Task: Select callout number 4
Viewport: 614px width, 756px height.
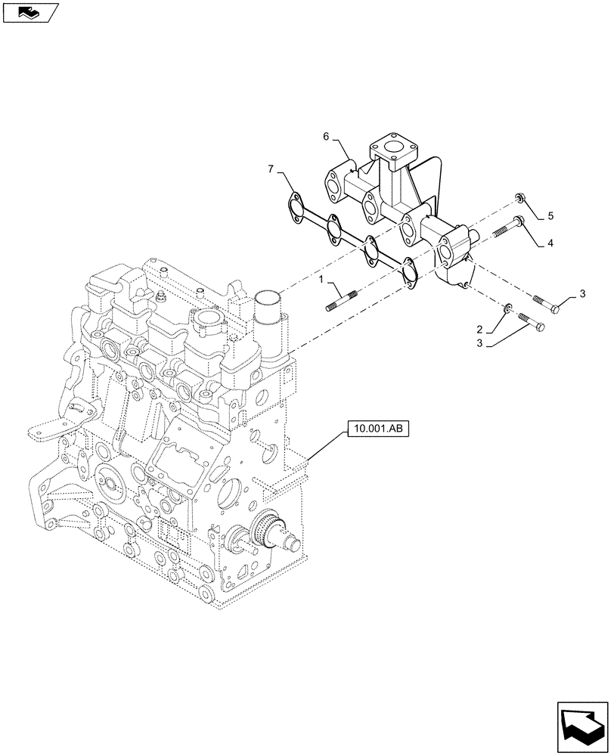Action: [550, 244]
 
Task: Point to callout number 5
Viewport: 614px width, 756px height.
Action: [550, 216]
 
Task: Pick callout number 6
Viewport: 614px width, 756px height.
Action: [326, 137]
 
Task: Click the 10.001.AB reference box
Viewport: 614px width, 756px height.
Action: [378, 429]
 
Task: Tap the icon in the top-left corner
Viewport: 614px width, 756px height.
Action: [29, 13]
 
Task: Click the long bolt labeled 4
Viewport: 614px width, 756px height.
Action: [508, 228]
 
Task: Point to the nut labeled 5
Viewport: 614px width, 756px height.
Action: [521, 198]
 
